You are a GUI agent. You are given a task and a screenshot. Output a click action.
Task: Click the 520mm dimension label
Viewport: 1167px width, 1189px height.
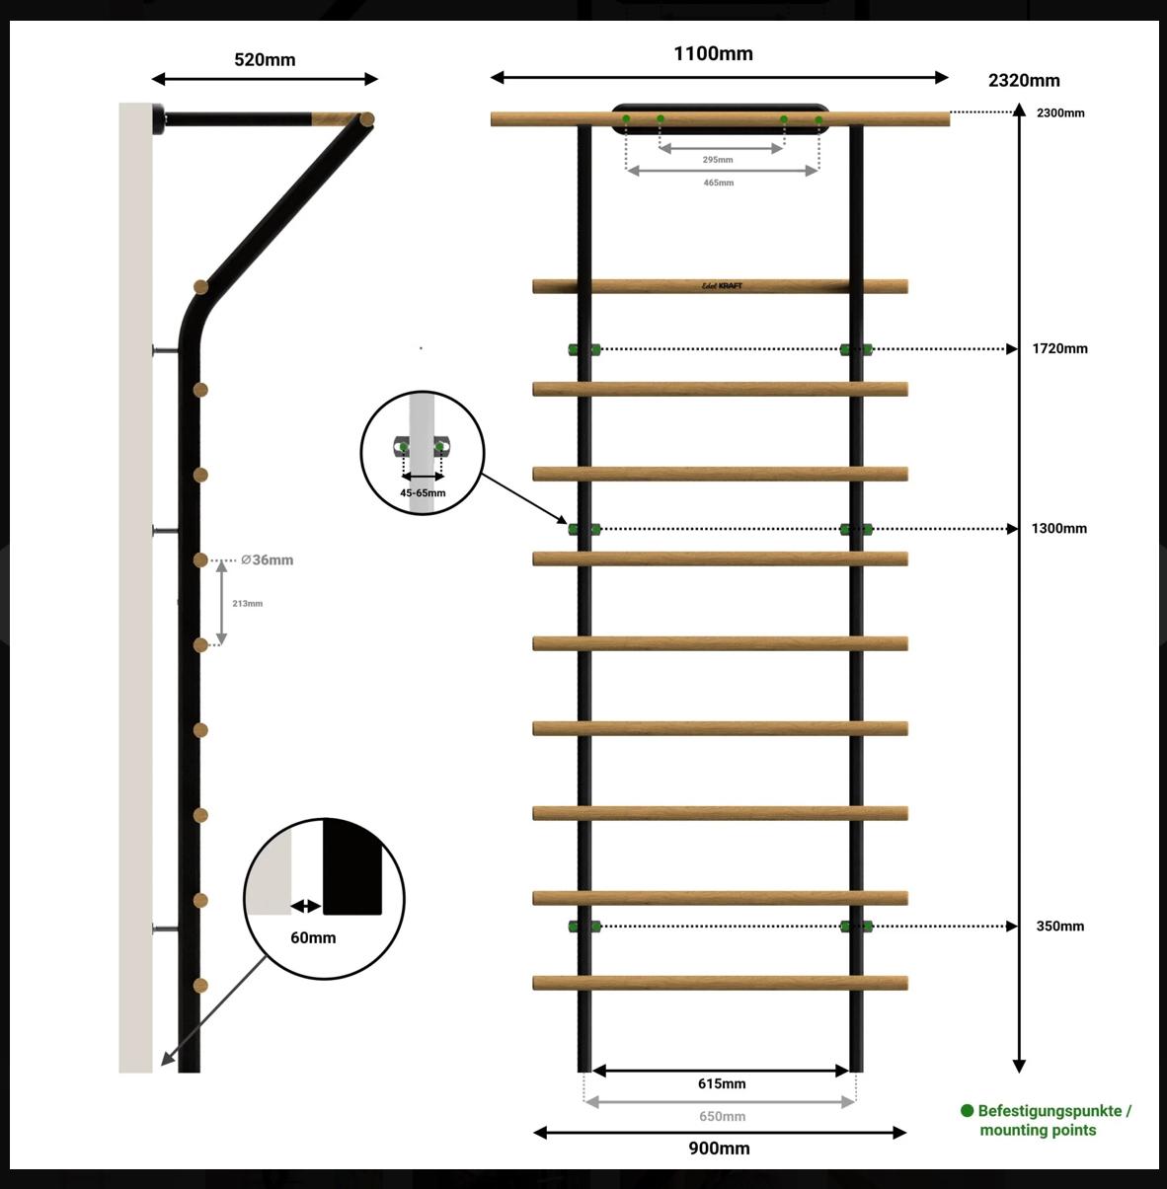point(265,60)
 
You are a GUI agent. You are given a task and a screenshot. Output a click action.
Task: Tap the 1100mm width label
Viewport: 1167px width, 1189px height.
point(713,53)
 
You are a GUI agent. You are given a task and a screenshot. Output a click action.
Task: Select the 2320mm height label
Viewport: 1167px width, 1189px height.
point(1024,80)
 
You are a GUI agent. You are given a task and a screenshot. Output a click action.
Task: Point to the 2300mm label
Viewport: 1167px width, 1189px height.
point(1060,112)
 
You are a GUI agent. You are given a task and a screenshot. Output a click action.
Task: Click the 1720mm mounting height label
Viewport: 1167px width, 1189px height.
point(1059,348)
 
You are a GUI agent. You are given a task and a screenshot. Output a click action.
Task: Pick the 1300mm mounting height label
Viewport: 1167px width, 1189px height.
point(1059,528)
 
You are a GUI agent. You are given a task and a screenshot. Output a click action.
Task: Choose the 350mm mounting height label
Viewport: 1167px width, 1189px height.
point(1059,926)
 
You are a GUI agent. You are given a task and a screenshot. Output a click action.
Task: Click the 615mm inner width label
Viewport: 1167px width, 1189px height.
point(722,1083)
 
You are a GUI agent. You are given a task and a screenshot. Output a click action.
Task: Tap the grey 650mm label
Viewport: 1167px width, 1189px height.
point(722,1116)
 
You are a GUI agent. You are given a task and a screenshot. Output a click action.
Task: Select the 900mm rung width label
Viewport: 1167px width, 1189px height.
point(719,1149)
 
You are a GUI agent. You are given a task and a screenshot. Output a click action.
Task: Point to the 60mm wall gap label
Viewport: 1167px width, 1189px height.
point(313,937)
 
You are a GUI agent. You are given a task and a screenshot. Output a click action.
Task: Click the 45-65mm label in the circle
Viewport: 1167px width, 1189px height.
point(423,493)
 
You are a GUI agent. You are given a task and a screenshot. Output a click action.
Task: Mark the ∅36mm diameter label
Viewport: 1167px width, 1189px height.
point(267,559)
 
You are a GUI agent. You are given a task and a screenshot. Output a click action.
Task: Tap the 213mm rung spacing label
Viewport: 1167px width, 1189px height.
point(247,604)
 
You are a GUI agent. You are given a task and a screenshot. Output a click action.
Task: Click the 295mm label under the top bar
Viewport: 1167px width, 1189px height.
point(718,160)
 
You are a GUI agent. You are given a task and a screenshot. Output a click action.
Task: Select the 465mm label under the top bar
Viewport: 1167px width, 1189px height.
point(718,183)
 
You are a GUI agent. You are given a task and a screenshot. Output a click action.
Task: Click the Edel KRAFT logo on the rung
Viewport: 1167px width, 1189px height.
point(722,286)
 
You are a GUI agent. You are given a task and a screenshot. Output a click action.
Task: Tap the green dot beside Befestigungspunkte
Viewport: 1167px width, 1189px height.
point(967,1111)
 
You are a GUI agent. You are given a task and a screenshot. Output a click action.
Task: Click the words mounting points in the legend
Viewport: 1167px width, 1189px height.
point(1038,1130)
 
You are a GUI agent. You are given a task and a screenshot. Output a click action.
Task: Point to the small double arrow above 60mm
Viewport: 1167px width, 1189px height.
point(306,907)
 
